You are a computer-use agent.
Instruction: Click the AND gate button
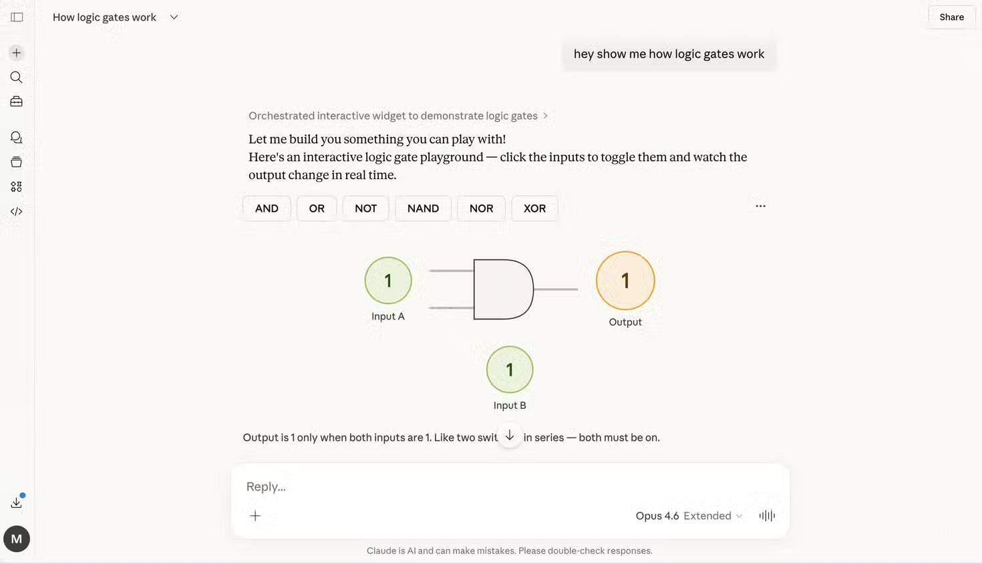267,208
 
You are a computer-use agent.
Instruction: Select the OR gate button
317,208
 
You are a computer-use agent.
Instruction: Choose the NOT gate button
365,208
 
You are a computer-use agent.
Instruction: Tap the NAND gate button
423,208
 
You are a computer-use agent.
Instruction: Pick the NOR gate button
481,208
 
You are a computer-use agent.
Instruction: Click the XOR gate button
534,208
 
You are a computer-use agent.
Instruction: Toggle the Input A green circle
388,281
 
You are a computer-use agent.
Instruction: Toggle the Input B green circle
510,370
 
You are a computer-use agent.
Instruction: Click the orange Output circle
625,281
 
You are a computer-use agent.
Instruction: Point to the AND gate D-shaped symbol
502,289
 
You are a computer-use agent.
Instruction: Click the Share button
951,17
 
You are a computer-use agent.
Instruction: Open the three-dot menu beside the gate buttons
760,206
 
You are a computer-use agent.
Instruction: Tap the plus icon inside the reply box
255,516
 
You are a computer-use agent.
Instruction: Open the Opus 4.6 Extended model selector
689,516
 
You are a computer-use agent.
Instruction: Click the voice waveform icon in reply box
767,516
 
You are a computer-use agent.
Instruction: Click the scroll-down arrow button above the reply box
510,436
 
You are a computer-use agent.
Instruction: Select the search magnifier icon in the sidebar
17,78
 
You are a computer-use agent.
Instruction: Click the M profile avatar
17,539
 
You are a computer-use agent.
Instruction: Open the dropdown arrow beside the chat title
174,17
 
